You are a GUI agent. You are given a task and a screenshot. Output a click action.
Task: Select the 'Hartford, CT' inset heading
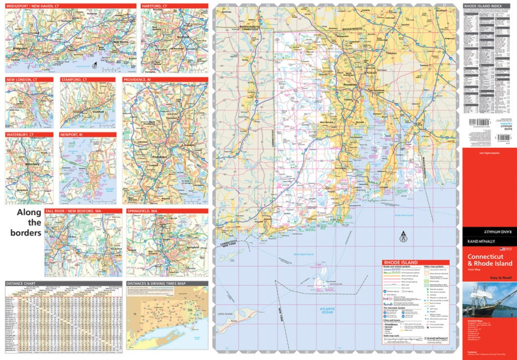[x=156, y=6]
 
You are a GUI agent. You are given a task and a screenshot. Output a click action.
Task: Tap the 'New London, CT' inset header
[x=22, y=80]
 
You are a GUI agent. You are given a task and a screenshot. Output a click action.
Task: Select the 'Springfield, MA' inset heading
[x=146, y=211]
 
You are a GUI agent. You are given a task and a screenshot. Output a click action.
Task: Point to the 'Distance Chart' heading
[x=21, y=283]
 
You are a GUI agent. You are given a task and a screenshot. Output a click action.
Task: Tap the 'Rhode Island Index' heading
[x=482, y=6]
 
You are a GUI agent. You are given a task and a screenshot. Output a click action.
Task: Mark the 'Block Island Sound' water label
[x=303, y=254]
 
